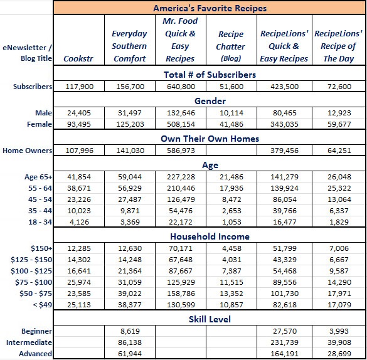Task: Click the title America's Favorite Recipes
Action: (210, 8)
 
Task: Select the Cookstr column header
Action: (78, 58)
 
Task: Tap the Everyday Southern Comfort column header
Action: (129, 46)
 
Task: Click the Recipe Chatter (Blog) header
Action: (230, 46)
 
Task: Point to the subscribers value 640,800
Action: (181, 87)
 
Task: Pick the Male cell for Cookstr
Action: (79, 113)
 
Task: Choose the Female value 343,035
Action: (284, 124)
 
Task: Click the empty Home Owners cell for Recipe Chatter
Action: (231, 151)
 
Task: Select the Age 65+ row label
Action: (38, 177)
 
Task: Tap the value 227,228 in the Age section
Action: (181, 177)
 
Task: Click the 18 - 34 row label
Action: (40, 222)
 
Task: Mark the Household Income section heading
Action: (210, 236)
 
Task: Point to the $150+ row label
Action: (41, 248)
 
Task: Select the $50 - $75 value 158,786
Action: (181, 294)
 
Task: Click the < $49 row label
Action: (43, 305)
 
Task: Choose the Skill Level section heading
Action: (210, 319)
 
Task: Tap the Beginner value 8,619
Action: (130, 331)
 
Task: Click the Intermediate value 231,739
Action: (284, 342)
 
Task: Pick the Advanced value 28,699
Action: (339, 354)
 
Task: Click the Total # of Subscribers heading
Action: (210, 75)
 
